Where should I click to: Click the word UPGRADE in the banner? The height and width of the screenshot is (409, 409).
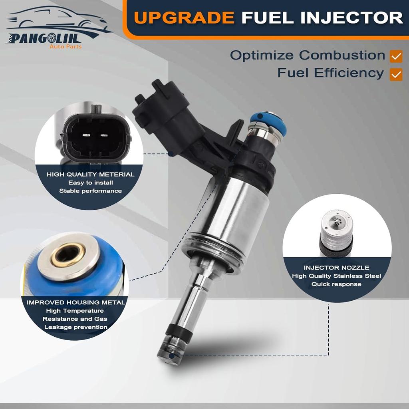pyautogui.click(x=184, y=18)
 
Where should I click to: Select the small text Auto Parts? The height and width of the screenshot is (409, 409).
pyautogui.click(x=66, y=46)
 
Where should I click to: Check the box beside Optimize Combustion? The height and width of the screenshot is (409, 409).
pyautogui.click(x=396, y=56)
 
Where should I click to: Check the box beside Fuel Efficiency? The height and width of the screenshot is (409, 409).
pyautogui.click(x=396, y=74)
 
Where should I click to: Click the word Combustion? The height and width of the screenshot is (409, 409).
pyautogui.click(x=342, y=55)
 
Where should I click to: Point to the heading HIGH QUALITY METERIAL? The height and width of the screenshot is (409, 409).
pyautogui.click(x=91, y=175)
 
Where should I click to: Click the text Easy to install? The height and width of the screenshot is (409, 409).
pyautogui.click(x=91, y=183)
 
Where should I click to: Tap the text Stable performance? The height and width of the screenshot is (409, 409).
pyautogui.click(x=91, y=191)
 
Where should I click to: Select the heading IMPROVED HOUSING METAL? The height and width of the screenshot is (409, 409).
pyautogui.click(x=76, y=302)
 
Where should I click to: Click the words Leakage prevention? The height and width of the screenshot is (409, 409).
pyautogui.click(x=76, y=327)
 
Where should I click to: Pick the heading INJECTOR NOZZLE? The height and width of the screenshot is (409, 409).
pyautogui.click(x=336, y=268)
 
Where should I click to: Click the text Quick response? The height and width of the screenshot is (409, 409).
pyautogui.click(x=336, y=284)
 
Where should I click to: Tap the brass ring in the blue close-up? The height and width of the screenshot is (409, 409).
pyautogui.click(x=68, y=255)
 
